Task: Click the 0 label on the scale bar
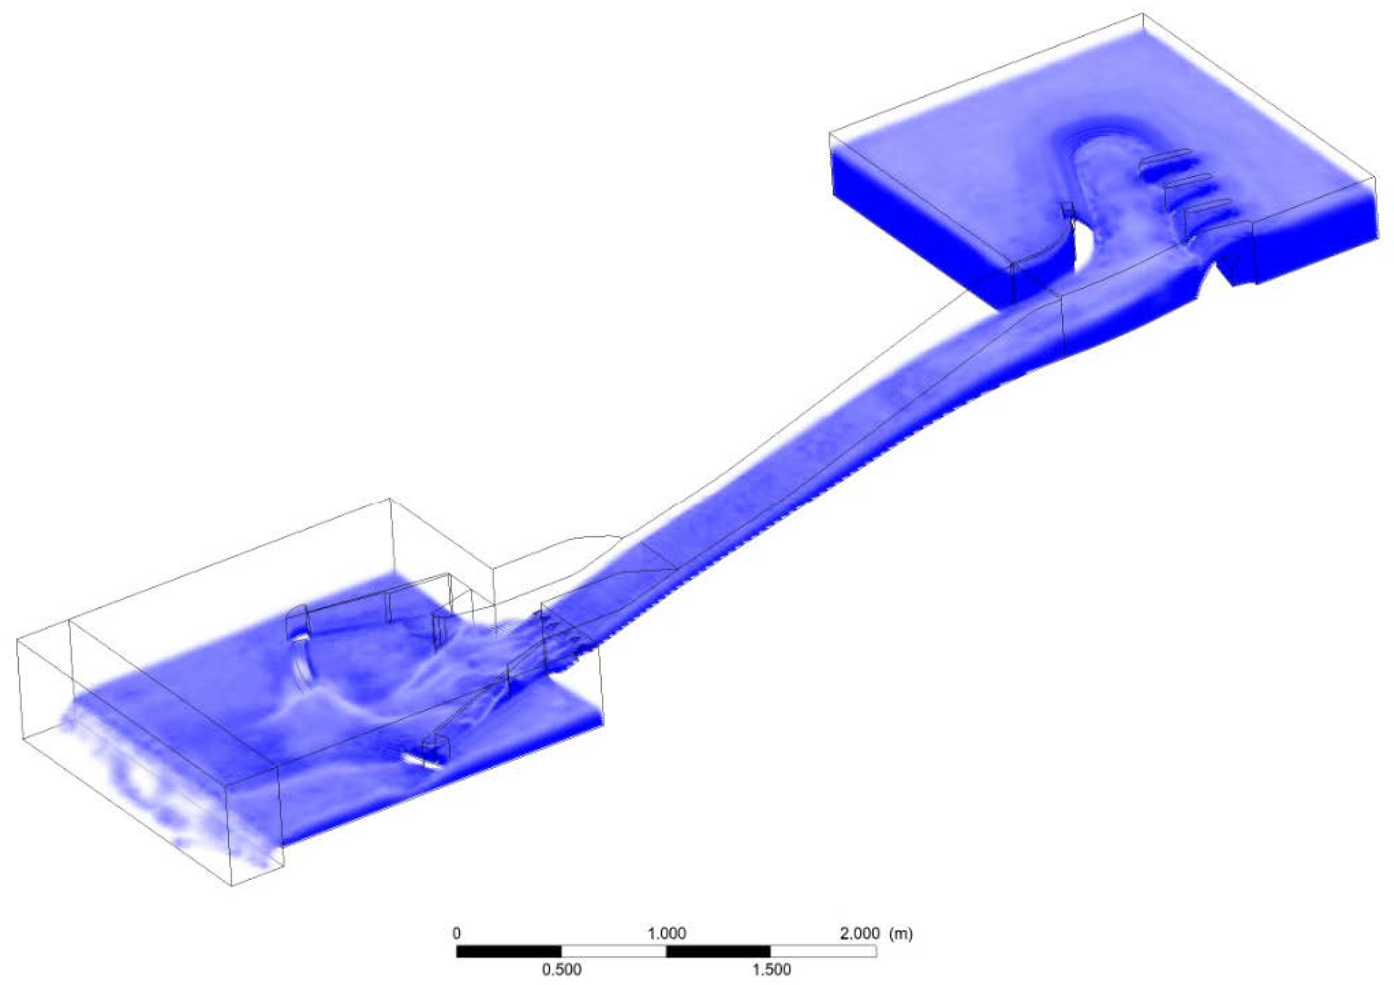point(457,933)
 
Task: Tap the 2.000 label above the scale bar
point(859,933)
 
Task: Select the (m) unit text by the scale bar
point(900,933)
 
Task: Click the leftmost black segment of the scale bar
point(509,951)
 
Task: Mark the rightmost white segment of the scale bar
point(823,951)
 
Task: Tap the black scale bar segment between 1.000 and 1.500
point(718,951)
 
